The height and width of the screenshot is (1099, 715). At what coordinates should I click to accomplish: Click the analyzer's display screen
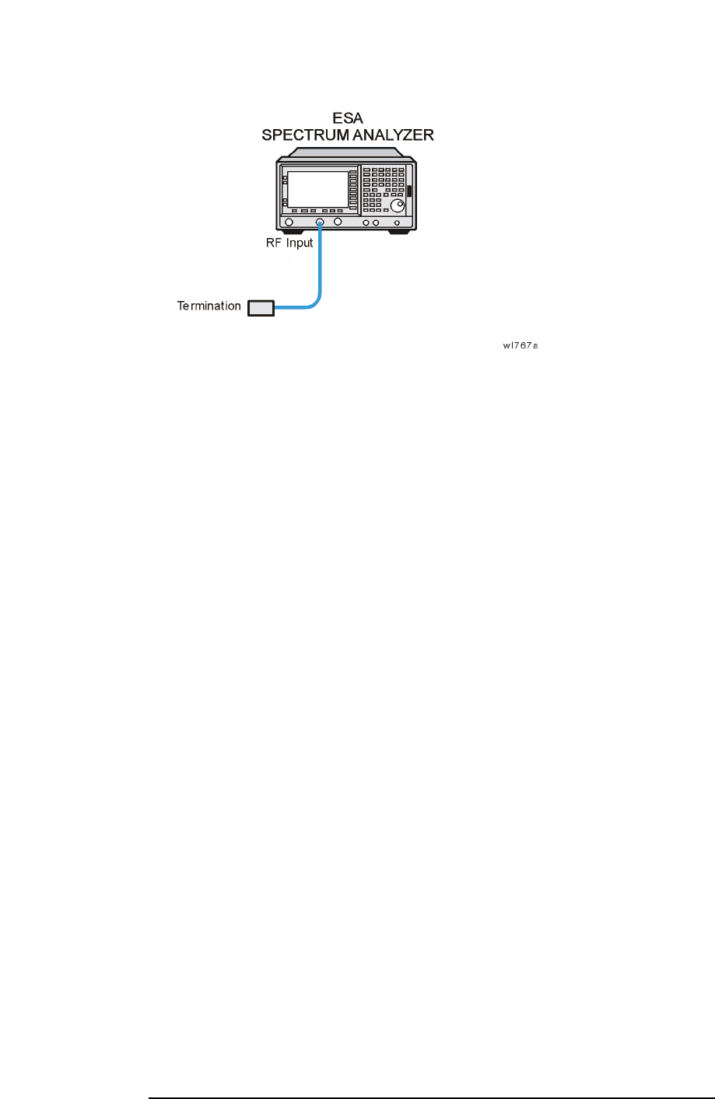pyautogui.click(x=317, y=189)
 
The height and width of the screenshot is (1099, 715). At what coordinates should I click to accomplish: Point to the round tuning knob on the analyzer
pyautogui.click(x=398, y=205)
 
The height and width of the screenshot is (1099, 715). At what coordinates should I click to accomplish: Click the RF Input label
pyautogui.click(x=289, y=243)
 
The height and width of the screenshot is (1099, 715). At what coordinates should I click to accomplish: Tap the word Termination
pyautogui.click(x=209, y=306)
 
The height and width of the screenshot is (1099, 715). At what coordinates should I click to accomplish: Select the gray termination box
pyautogui.click(x=261, y=308)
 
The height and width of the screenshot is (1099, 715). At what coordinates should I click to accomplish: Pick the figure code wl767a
pyautogui.click(x=520, y=345)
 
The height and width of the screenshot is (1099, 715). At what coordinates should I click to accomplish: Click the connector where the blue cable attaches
pyautogui.click(x=320, y=223)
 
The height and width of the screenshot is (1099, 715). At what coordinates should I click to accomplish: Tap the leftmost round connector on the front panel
pyautogui.click(x=289, y=223)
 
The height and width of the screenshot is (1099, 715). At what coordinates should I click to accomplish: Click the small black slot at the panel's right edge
pyautogui.click(x=408, y=192)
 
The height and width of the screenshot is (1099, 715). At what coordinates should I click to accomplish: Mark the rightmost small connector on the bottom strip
pyautogui.click(x=398, y=224)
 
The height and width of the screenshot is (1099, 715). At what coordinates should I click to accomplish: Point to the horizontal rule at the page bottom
pyautogui.click(x=432, y=1098)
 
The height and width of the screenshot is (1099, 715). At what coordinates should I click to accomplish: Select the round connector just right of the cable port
pyautogui.click(x=338, y=223)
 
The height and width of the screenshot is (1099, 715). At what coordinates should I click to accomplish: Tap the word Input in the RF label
pyautogui.click(x=298, y=243)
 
